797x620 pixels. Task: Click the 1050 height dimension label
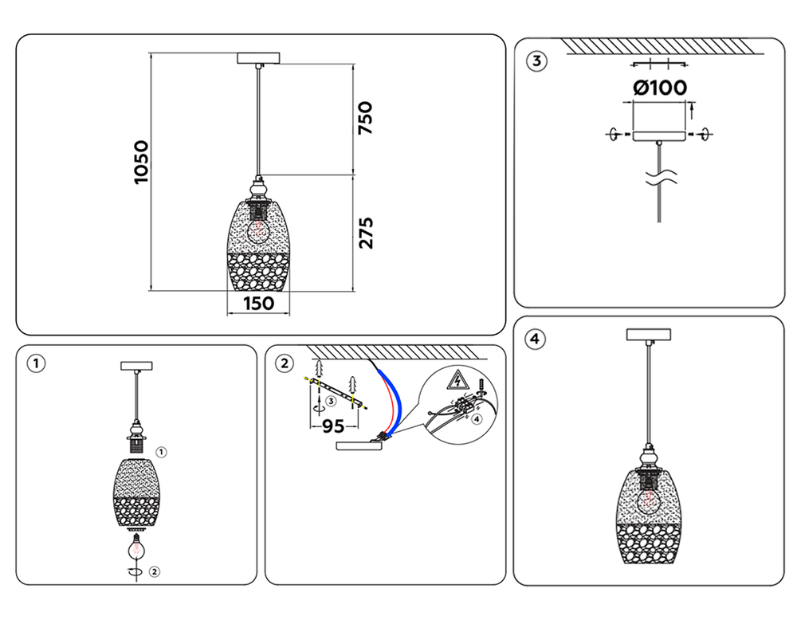(142, 163)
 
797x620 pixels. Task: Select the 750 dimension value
(365, 118)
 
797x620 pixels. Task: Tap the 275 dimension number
(365, 232)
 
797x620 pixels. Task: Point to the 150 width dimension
(258, 304)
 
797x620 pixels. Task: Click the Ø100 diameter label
(660, 88)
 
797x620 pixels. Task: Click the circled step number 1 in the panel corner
(35, 363)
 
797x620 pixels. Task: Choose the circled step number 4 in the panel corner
(535, 339)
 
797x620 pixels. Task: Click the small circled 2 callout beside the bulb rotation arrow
(155, 571)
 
